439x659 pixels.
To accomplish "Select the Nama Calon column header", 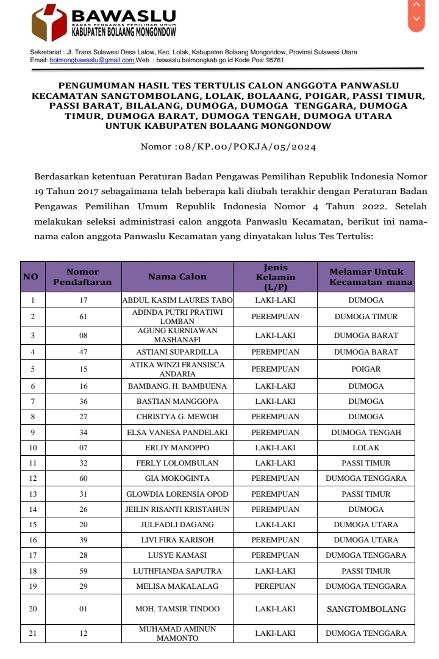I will tap(177, 276).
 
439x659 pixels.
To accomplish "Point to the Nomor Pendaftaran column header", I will tap(82, 276).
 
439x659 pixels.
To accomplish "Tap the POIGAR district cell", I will tap(366, 369).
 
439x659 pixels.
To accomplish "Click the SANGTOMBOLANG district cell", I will tap(366, 609).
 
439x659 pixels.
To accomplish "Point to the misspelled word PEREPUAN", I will tap(275, 586).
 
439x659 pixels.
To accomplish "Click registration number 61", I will tap(83, 317).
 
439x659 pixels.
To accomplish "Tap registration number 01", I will tap(83, 609).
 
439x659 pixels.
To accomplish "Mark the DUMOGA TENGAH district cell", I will tap(366, 433).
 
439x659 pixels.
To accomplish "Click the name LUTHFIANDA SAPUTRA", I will tap(177, 571).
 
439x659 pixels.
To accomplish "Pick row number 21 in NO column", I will tap(32, 633).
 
